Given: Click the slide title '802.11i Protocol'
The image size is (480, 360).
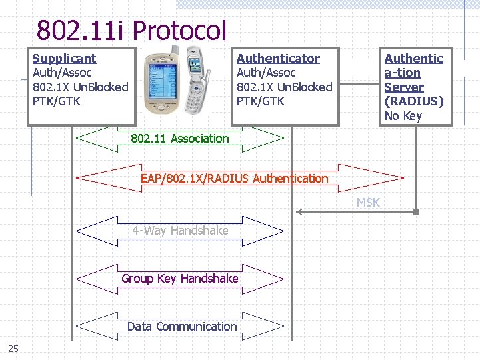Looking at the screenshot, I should (x=132, y=30).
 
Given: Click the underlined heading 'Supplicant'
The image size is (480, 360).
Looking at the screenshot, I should (x=64, y=59).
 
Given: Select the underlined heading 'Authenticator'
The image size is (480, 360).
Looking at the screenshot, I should (x=278, y=59).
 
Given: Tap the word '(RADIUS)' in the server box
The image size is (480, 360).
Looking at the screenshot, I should (x=414, y=101).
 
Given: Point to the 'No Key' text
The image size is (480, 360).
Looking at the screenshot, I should (x=403, y=116).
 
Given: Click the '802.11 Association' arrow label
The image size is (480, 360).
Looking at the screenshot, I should (x=179, y=139).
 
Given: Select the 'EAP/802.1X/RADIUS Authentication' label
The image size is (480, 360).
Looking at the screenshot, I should (x=234, y=179).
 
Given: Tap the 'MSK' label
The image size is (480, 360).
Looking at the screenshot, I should (x=367, y=203).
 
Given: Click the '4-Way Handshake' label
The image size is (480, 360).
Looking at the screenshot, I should (x=180, y=231).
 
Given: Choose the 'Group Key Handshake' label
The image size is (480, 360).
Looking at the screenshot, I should (x=179, y=279).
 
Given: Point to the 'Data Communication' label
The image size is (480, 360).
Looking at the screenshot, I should (x=182, y=327).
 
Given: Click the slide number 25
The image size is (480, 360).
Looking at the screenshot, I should (x=13, y=348).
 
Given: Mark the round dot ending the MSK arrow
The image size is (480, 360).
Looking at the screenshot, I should (x=415, y=212).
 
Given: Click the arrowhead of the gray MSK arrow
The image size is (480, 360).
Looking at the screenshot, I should (x=299, y=212).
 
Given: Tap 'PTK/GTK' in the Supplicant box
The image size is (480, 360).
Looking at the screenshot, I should (x=56, y=101).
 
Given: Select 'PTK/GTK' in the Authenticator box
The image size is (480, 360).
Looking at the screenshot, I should (x=260, y=101).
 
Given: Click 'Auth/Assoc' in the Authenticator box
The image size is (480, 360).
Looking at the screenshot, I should (x=266, y=73).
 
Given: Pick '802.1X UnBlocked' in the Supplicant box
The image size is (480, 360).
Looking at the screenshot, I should (x=80, y=87).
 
